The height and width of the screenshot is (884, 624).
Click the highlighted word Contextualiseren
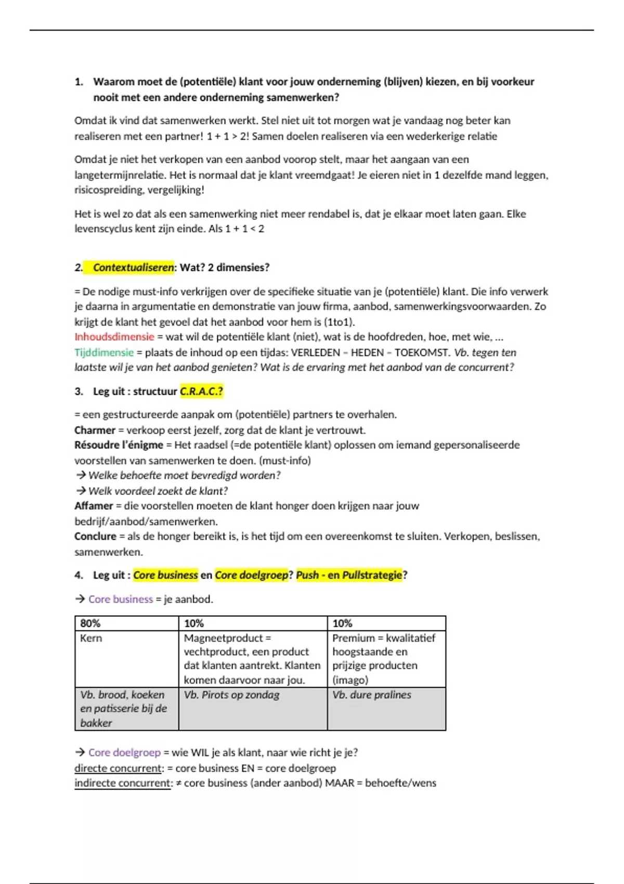click(133, 268)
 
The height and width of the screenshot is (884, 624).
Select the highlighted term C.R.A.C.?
click(201, 392)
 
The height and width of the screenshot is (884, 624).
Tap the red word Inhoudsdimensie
click(114, 337)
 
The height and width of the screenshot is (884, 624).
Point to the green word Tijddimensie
click(104, 353)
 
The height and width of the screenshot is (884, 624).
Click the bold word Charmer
click(95, 431)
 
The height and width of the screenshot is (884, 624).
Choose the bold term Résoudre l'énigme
click(119, 445)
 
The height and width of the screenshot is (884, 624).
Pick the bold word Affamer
click(94, 506)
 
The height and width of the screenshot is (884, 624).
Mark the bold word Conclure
click(95, 537)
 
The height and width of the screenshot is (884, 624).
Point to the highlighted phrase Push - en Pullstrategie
click(349, 576)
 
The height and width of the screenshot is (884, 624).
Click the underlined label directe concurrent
click(118, 769)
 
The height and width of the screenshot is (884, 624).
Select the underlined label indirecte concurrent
click(123, 784)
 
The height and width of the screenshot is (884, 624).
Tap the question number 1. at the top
click(79, 82)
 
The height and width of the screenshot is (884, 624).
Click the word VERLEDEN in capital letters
click(315, 353)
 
